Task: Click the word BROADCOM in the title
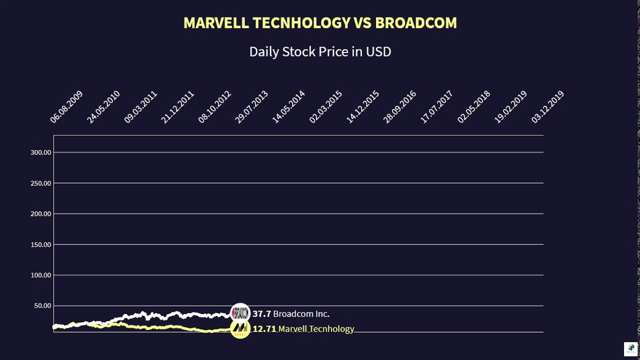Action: pyautogui.click(x=415, y=23)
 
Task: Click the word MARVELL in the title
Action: pyautogui.click(x=216, y=23)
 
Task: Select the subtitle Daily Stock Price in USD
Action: pyautogui.click(x=320, y=51)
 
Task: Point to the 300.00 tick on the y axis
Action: pyautogui.click(x=41, y=152)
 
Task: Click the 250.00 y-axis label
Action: pyautogui.click(x=41, y=183)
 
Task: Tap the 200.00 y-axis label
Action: pyautogui.click(x=41, y=213)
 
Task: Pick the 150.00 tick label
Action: pyautogui.click(x=41, y=244)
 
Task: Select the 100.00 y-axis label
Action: pyautogui.click(x=41, y=275)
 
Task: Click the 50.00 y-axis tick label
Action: pyautogui.click(x=42, y=305)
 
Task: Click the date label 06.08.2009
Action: pyautogui.click(x=66, y=107)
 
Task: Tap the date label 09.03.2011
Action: pyautogui.click(x=140, y=107)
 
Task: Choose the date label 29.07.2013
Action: pyautogui.click(x=251, y=107)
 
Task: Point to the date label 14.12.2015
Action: pyautogui.click(x=362, y=107)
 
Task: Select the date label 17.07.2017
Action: pyautogui.click(x=436, y=107)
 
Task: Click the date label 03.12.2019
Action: pyautogui.click(x=547, y=107)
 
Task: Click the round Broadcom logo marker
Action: pyautogui.click(x=240, y=313)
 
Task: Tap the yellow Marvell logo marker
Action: pyautogui.click(x=240, y=328)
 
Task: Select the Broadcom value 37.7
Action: pyautogui.click(x=261, y=314)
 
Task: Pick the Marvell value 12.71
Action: pyautogui.click(x=264, y=329)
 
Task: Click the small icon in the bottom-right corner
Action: pyautogui.click(x=631, y=348)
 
